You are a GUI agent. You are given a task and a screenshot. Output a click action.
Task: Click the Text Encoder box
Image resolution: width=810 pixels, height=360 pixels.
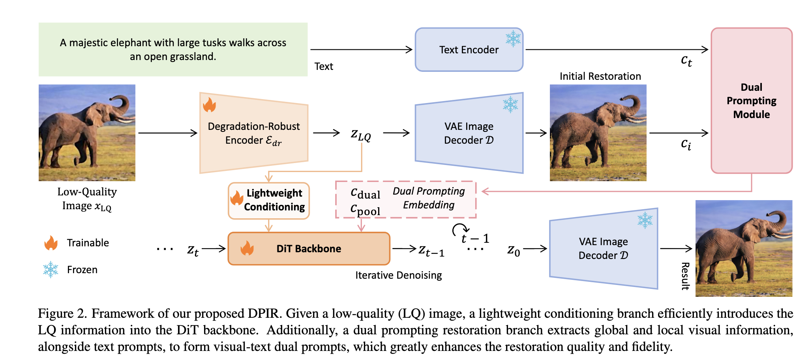469,50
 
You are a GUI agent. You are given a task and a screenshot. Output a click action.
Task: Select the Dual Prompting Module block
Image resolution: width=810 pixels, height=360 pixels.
751,101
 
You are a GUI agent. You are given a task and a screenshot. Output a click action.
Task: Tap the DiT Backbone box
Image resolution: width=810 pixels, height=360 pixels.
309,249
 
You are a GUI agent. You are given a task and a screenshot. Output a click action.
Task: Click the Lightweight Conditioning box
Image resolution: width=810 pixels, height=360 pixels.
269,201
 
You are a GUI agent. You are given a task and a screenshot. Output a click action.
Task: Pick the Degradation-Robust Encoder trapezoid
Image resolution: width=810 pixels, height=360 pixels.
254,133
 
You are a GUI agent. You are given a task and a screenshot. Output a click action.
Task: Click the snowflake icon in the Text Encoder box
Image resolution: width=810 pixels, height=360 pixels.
513,39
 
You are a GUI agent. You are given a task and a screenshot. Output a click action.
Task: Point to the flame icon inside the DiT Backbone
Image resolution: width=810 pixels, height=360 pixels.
247,248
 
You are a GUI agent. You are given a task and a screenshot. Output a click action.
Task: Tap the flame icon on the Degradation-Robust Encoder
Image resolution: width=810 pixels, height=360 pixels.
209,105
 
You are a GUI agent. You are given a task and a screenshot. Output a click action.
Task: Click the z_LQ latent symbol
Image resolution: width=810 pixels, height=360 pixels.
361,135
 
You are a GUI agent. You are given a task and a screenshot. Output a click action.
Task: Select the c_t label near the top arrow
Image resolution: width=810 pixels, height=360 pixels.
686,60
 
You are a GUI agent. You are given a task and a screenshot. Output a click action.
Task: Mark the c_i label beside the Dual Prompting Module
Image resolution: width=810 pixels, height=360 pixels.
686,144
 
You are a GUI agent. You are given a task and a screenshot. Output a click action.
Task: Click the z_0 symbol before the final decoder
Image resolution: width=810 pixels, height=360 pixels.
514,250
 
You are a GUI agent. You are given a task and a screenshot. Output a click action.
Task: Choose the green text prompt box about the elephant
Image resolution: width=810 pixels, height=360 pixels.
173,49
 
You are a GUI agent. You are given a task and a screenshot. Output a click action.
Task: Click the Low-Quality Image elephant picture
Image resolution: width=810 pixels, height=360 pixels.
87,133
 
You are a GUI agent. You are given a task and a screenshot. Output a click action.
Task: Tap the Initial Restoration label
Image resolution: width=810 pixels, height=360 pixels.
600,76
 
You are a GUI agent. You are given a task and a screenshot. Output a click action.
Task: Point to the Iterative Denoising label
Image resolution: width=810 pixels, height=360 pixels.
398,275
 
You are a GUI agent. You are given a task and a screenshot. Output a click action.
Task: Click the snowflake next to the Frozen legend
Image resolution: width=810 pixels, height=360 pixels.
51,270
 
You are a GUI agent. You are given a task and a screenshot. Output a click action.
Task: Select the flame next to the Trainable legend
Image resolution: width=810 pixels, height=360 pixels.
51,243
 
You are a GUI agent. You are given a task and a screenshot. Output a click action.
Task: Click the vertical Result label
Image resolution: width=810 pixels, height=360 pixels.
685,276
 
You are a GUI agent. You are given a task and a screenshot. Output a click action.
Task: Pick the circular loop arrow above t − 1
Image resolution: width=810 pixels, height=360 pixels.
460,230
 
